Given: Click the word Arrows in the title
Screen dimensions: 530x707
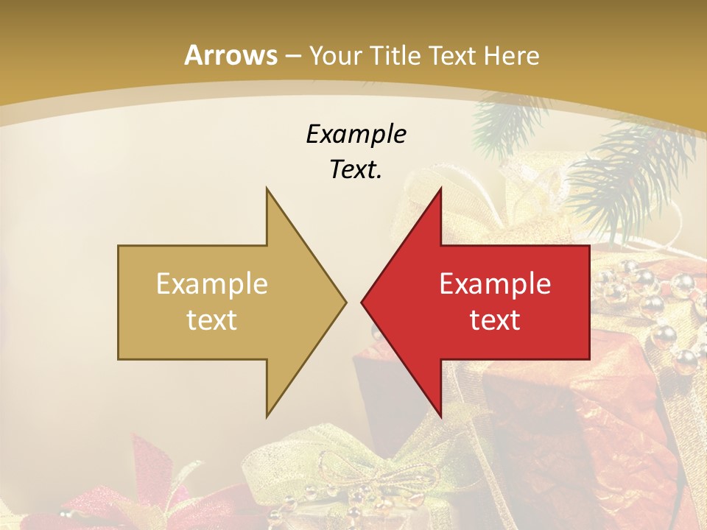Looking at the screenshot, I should [x=231, y=55].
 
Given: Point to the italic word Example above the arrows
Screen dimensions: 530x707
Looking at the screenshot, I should [x=356, y=135].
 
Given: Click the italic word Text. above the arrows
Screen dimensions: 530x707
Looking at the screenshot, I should [x=356, y=169].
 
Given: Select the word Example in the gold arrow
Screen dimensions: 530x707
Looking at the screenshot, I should [x=212, y=284].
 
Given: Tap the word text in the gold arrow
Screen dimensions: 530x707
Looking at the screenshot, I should [x=212, y=319].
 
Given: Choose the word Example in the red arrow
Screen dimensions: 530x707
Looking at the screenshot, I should [x=495, y=284].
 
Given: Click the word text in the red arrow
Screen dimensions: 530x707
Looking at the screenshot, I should [x=495, y=319].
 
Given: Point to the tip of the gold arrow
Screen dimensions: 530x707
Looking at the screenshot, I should [x=345, y=302].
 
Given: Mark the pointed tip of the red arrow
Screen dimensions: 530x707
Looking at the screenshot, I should [x=362, y=302].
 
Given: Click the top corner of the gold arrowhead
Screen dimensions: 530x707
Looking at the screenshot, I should [x=267, y=188].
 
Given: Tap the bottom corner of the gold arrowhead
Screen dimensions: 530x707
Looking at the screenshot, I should [x=267, y=417].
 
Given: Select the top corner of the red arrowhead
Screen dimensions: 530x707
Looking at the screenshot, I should [x=440, y=188].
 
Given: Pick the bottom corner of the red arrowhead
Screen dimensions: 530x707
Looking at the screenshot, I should [x=440, y=417].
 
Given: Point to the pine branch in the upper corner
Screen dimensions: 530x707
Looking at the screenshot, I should [x=626, y=169].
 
